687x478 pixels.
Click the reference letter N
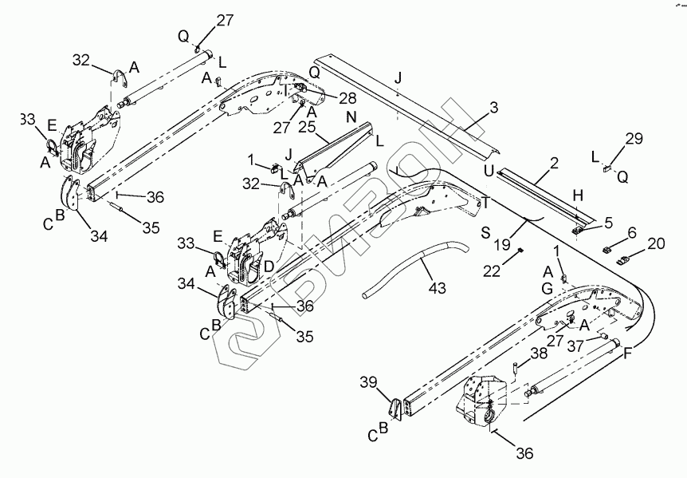click(350, 116)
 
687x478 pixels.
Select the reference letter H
click(578, 196)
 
